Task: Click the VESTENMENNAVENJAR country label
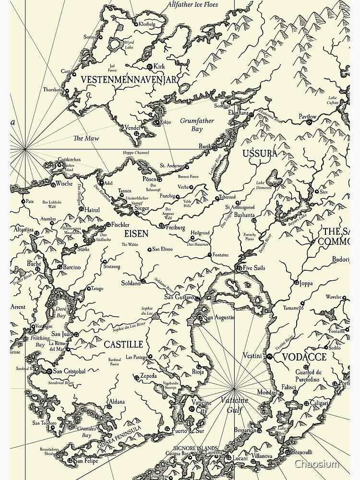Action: pos(129,79)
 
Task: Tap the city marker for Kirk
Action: pos(150,67)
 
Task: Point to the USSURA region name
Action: pos(260,154)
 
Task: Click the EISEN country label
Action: pos(136,234)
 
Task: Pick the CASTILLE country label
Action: pos(123,345)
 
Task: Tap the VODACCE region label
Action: pos(304,357)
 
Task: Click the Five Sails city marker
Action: pos(239,268)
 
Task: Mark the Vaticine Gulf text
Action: pos(235,406)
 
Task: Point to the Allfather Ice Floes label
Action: pos(193,5)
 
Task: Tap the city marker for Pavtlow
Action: pos(310,122)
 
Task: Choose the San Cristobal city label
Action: pos(69,371)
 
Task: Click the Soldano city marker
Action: pos(143,281)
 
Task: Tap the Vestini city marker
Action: pos(270,357)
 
